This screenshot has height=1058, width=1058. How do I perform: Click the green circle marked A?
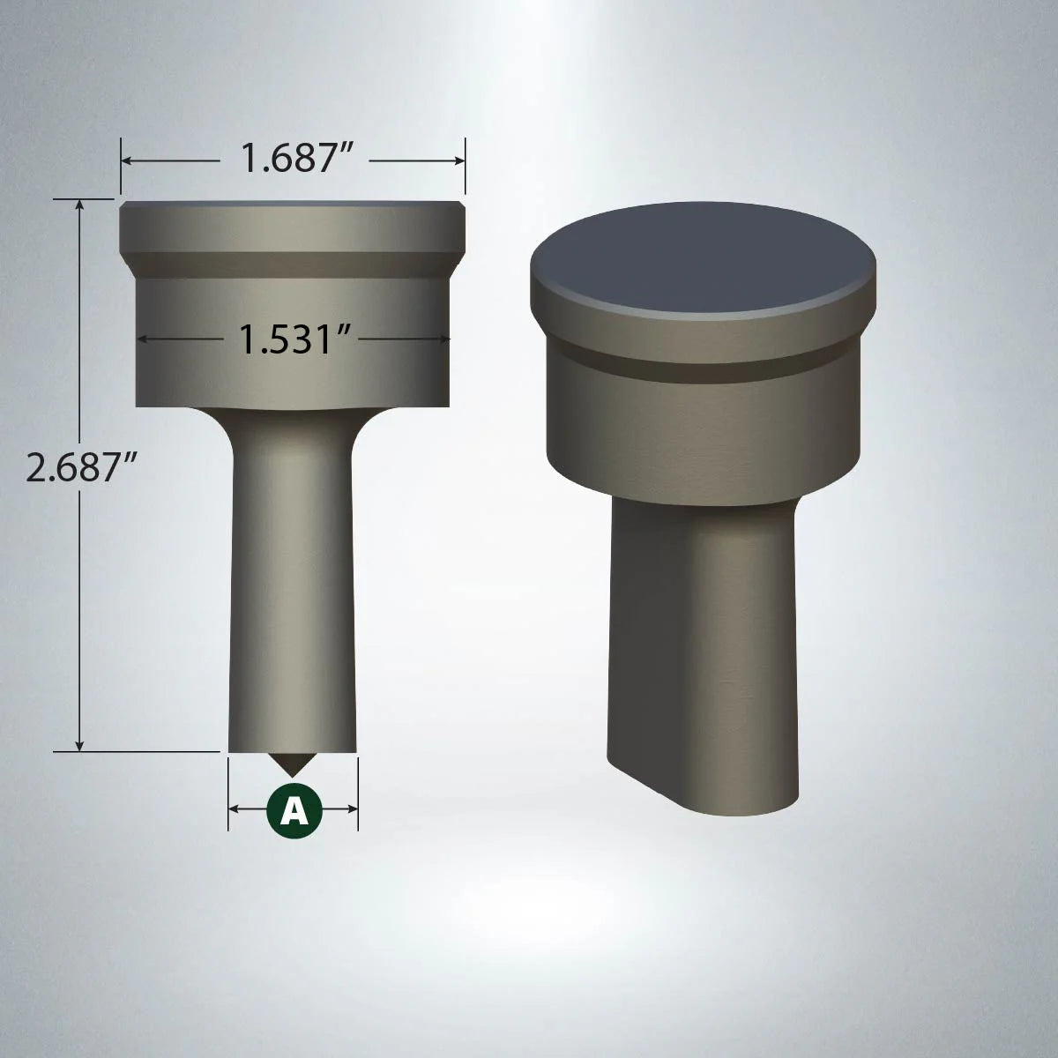pos(294,808)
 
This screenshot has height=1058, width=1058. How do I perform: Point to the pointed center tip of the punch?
pos(294,767)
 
